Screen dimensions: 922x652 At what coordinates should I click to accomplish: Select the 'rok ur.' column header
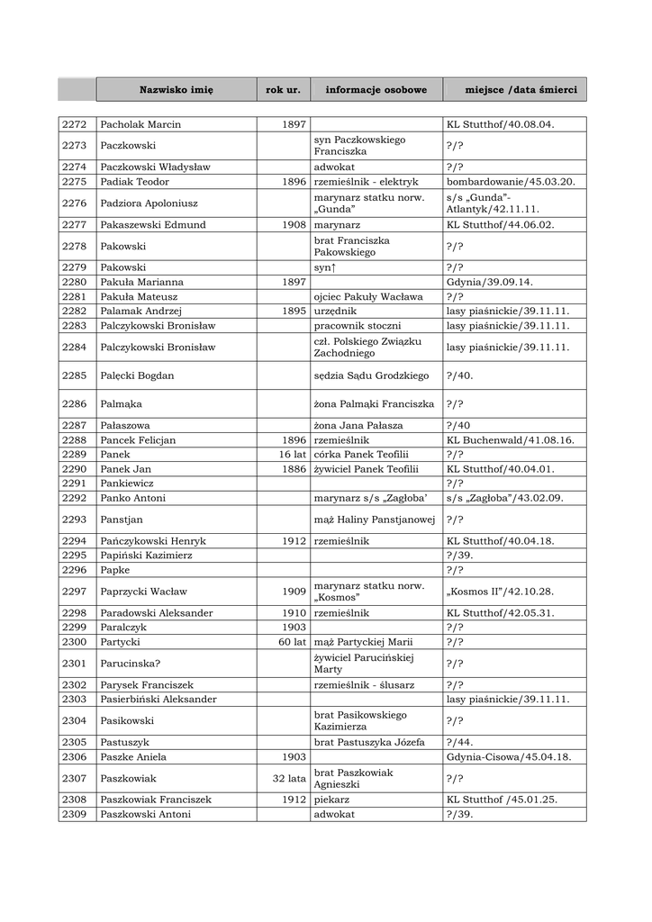(283, 90)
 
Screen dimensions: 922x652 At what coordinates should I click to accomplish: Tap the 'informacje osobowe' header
(376, 90)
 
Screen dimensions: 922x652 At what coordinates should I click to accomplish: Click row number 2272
(75, 124)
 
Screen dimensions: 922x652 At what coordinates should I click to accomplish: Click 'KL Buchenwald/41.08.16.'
(510, 440)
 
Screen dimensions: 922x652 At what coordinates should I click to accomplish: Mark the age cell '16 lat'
(293, 455)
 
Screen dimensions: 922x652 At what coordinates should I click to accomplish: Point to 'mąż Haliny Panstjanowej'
(375, 520)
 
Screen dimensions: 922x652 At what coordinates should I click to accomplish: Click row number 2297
(75, 592)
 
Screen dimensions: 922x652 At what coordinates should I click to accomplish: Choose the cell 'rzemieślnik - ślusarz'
(364, 685)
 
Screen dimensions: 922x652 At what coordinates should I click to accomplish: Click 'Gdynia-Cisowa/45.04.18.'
(509, 757)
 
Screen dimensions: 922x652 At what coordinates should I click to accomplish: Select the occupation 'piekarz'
(331, 799)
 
